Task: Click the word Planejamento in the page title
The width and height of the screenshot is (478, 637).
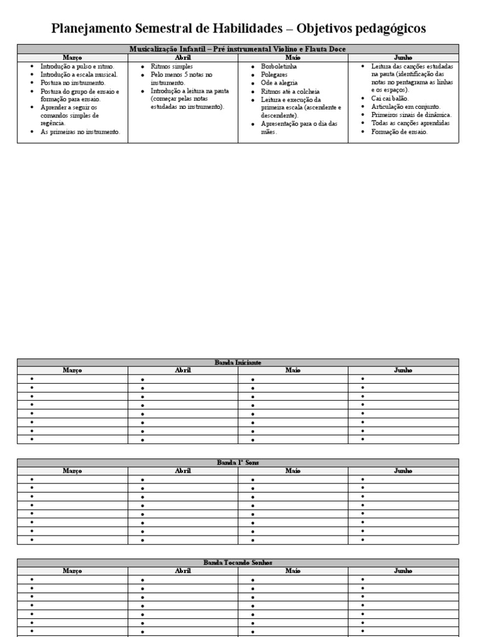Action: point(87,29)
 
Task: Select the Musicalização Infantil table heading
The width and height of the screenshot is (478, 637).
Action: point(238,49)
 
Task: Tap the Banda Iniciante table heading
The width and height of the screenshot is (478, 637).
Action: point(238,362)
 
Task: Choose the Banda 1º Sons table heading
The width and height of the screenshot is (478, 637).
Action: point(238,463)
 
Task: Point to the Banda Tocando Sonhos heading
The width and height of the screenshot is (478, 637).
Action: point(238,562)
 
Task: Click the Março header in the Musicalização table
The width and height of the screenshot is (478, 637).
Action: point(72,57)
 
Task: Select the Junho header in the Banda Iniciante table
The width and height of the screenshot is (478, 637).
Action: point(403,370)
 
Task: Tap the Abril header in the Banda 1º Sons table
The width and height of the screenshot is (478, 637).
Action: point(183,471)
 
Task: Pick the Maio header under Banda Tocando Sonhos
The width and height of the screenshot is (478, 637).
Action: point(293,570)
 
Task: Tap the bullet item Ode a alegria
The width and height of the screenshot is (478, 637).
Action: point(279,83)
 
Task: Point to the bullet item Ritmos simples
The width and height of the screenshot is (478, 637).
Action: point(172,66)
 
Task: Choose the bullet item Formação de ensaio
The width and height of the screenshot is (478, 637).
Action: point(399,131)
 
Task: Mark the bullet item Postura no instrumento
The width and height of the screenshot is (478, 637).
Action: point(73,83)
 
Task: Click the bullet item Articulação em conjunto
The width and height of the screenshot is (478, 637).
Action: point(405,106)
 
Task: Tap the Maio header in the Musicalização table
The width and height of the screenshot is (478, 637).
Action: point(293,57)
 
